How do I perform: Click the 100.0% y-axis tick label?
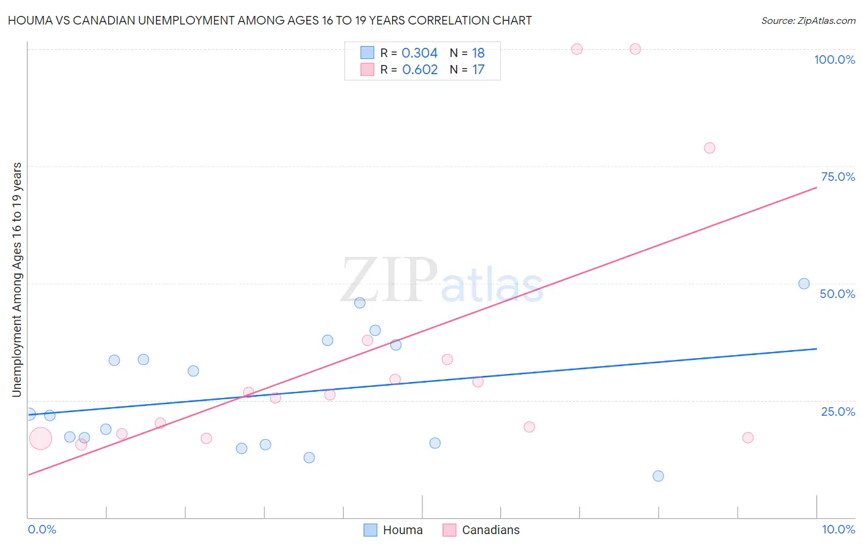(x=834, y=59)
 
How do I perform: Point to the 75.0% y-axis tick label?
(x=838, y=177)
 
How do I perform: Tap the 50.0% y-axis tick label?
(x=837, y=294)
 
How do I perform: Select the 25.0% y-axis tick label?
(x=838, y=411)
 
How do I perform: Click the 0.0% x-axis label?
(x=42, y=529)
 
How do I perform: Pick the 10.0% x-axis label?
(x=838, y=529)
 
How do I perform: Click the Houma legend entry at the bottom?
(x=393, y=530)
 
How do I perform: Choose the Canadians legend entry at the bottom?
(x=481, y=530)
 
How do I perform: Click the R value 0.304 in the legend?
(x=419, y=53)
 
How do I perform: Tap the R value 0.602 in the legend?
(x=420, y=69)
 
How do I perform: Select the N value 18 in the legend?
(x=478, y=53)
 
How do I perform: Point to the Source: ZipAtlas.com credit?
(x=808, y=20)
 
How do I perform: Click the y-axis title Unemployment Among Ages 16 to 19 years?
(x=17, y=280)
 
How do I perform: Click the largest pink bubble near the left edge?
(x=41, y=438)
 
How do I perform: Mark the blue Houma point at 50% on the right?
(x=804, y=283)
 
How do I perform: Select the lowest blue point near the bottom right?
(x=658, y=476)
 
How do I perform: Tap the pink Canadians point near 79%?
(x=710, y=148)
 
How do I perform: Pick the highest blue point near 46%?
(x=360, y=302)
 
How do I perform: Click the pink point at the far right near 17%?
(x=748, y=438)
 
